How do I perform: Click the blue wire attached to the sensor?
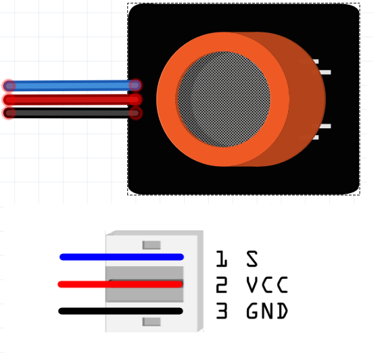pos(72,86)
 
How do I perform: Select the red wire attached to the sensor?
pos(72,99)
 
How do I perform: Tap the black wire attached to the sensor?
pos(72,113)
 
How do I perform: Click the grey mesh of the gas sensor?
pos(224,99)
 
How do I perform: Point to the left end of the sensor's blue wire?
pos(9,86)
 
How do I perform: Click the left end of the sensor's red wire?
pos(9,99)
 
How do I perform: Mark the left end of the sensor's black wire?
pos(9,113)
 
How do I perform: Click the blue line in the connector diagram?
pos(122,257)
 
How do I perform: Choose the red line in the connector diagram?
pos(120,284)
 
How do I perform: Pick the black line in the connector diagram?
pos(120,311)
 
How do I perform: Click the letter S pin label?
pos(252,259)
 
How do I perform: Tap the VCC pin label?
pos(267,284)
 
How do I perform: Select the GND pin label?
pos(267,311)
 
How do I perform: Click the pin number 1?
pos(222,259)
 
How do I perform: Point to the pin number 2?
pos(222,284)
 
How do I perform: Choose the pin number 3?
pos(222,311)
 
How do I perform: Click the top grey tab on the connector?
pos(151,245)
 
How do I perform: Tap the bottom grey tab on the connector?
pos(151,322)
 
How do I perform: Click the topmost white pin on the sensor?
pos(316,61)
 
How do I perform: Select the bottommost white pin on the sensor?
pos(316,138)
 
